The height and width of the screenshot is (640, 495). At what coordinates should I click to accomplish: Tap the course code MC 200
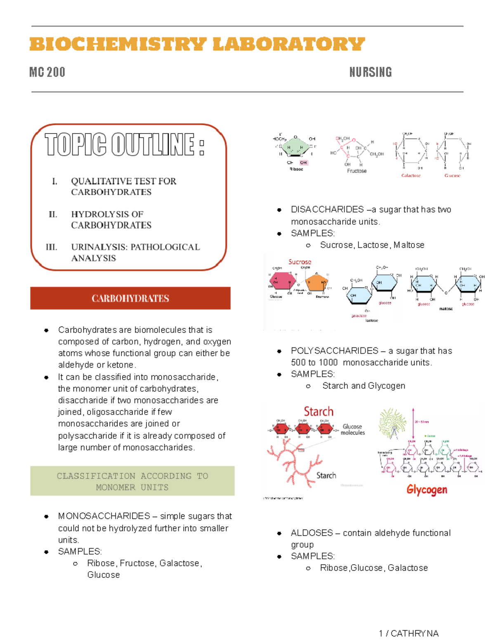(x=47, y=73)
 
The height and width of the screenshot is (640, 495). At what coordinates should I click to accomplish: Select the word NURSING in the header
(x=370, y=73)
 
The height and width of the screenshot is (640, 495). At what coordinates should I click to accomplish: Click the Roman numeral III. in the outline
(x=51, y=247)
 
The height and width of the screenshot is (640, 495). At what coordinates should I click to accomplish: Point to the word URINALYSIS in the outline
(x=99, y=247)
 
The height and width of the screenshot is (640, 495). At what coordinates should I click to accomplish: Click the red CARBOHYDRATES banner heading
(x=130, y=298)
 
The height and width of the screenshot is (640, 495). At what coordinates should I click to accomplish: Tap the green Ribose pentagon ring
(x=295, y=148)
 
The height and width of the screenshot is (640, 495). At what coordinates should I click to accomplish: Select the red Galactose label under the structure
(x=411, y=176)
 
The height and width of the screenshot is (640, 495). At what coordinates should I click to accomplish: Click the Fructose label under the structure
(x=357, y=171)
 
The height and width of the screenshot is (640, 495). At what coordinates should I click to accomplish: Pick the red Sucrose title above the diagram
(x=299, y=262)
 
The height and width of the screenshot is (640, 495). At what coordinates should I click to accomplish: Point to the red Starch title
(x=318, y=411)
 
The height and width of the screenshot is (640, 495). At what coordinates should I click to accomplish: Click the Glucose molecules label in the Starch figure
(x=353, y=429)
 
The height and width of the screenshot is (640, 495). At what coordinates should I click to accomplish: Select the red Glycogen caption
(x=427, y=490)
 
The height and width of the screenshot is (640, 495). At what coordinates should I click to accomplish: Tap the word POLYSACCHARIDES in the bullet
(x=335, y=351)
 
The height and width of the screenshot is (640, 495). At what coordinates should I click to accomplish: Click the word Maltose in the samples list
(x=409, y=245)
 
